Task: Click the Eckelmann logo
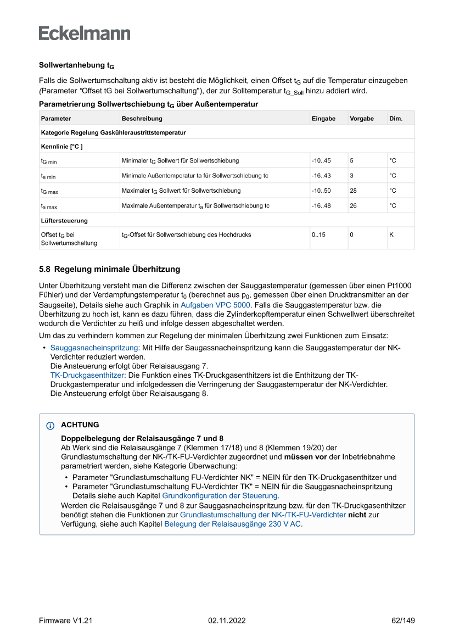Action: coord(85,33)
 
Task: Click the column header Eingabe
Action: coord(323,119)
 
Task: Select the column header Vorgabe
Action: coord(362,119)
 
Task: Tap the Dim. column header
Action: coord(395,119)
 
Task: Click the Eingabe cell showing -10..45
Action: coord(321,161)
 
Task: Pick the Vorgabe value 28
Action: coord(354,191)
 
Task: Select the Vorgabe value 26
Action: coord(354,206)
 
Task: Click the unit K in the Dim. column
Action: coord(391,235)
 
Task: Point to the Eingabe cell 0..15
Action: coord(318,235)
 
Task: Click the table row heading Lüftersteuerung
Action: coord(64,220)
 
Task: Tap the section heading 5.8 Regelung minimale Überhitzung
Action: coord(109,270)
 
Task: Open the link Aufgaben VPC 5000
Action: coord(216,305)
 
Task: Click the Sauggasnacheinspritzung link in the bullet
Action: coord(94,348)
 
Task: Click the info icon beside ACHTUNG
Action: coord(51,426)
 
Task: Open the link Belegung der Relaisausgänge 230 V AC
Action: coord(232,524)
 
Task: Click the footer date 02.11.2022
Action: coord(227,621)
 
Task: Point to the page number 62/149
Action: coord(403,621)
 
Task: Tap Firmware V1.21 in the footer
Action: coord(65,621)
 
